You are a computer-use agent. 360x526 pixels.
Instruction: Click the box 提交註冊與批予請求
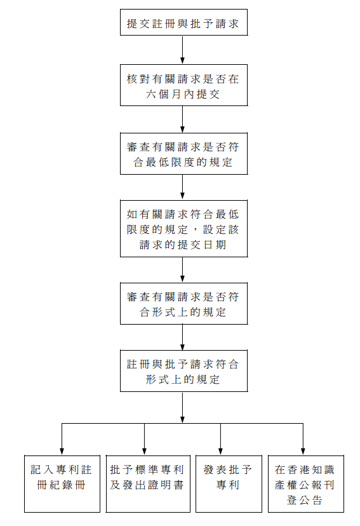click(183, 24)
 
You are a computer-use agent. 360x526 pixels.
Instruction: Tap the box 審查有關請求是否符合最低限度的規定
click(183, 153)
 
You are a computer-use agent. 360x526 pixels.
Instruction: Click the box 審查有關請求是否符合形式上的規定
click(183, 304)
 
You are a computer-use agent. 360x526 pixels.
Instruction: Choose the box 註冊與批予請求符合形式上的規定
click(183, 372)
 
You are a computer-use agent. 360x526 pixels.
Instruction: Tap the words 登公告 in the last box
click(305, 500)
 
